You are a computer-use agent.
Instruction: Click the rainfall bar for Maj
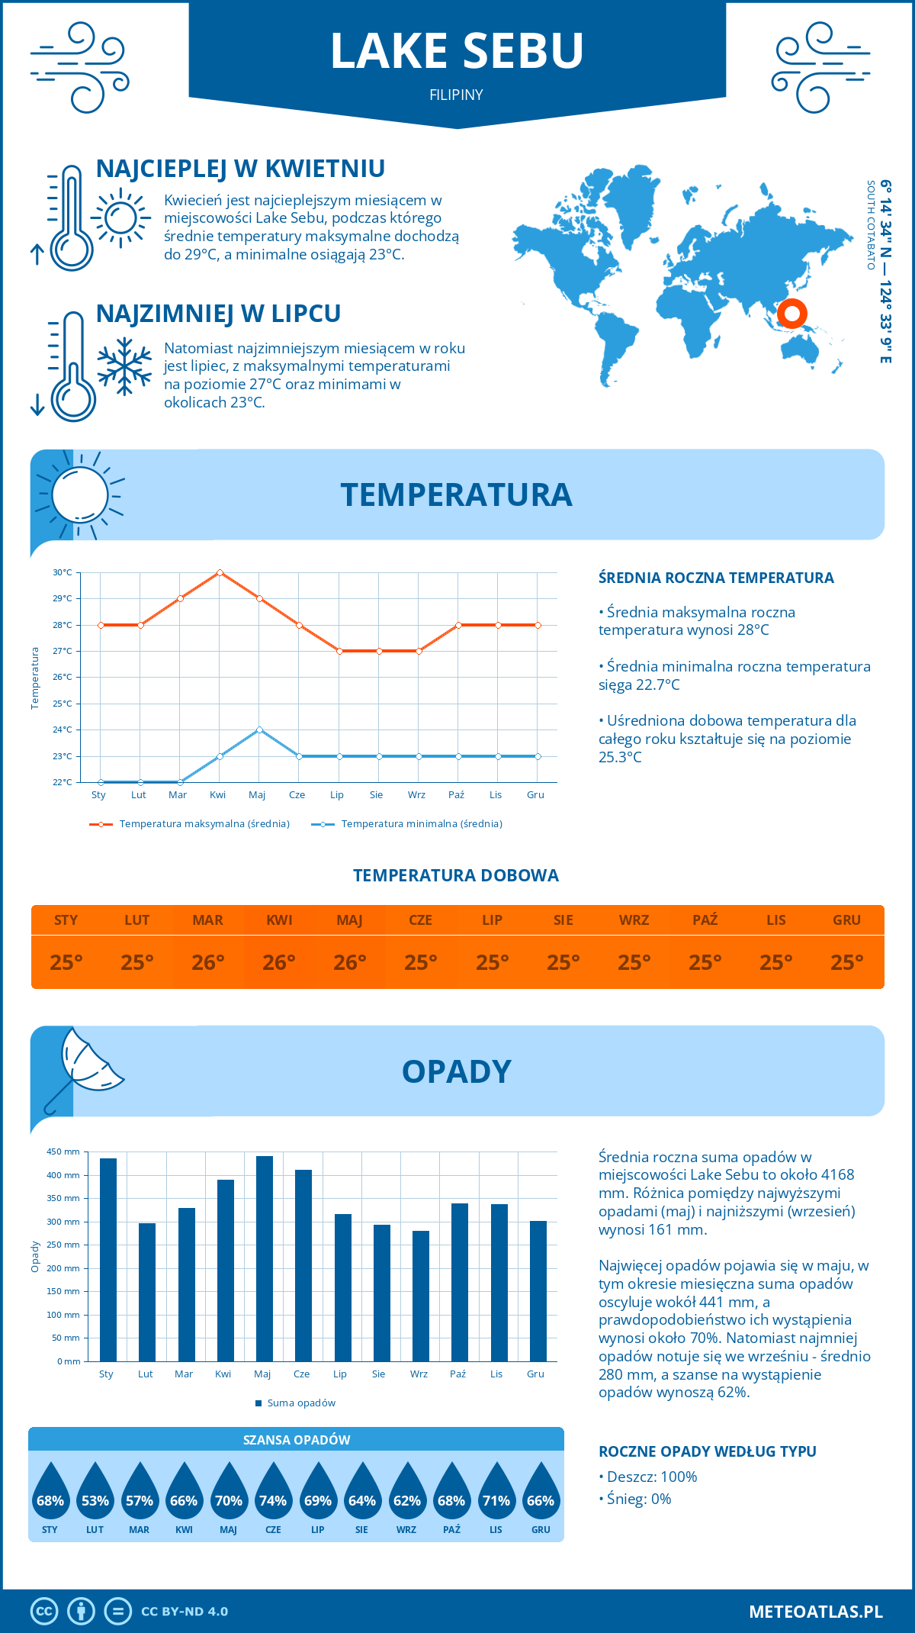tap(265, 1258)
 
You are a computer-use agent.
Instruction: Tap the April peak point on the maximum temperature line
tap(220, 572)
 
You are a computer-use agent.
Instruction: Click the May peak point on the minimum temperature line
tap(259, 730)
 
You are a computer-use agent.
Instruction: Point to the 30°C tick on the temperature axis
tap(63, 572)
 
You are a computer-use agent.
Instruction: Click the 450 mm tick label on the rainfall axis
tap(63, 1151)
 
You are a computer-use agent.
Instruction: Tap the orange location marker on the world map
tap(792, 313)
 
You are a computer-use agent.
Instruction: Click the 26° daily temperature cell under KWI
tap(279, 962)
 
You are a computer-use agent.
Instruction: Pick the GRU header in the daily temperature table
tap(846, 920)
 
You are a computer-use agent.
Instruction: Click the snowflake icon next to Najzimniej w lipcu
tap(124, 366)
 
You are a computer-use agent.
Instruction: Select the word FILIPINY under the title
tap(456, 95)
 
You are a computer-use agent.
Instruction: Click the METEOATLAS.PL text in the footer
tap(815, 1612)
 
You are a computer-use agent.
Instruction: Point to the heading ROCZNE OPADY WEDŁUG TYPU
tap(707, 1451)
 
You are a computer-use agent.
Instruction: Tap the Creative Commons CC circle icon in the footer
tap(44, 1612)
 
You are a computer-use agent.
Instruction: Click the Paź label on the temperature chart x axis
tap(456, 795)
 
